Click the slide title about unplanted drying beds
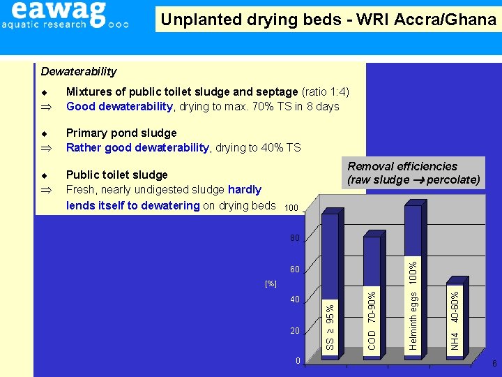click(328, 20)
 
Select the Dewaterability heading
click(79, 71)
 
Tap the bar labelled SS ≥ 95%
click(330, 286)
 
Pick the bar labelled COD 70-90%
click(372, 297)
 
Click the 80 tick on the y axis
click(294, 238)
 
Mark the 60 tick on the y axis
click(294, 269)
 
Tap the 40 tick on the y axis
click(294, 300)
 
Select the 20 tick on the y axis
click(294, 330)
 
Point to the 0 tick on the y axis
click(297, 361)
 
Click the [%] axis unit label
click(271, 284)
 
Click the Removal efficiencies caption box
click(413, 173)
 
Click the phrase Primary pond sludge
click(121, 133)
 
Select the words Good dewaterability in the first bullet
click(119, 106)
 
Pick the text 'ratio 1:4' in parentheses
click(326, 91)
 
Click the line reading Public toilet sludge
click(116, 175)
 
